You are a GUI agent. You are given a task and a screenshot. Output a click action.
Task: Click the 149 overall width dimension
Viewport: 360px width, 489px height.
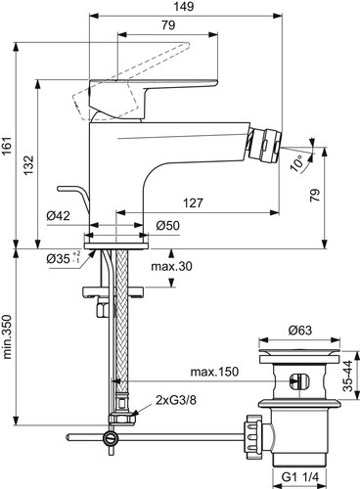click(x=184, y=6)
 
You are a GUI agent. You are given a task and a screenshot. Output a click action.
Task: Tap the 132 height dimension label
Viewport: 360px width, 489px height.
click(x=28, y=164)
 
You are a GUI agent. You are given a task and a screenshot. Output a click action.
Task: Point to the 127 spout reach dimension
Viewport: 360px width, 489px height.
click(x=193, y=202)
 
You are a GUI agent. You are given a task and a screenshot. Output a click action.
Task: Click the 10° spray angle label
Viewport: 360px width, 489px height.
click(x=298, y=163)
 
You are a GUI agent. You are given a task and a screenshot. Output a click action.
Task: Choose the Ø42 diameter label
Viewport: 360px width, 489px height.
click(x=58, y=216)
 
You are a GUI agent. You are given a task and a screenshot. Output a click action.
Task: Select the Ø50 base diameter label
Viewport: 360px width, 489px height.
click(x=167, y=226)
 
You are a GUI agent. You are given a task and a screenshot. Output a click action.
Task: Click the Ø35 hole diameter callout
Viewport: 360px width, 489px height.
click(x=64, y=258)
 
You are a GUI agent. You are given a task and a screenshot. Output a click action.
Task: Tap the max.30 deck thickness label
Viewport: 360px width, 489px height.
click(x=171, y=267)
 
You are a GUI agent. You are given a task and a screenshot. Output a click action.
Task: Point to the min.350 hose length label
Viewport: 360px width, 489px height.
click(x=7, y=336)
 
